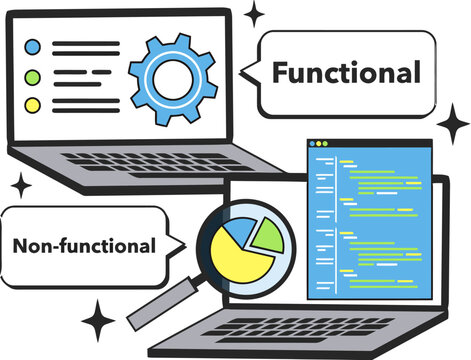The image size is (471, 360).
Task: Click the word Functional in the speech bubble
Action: [x=346, y=73]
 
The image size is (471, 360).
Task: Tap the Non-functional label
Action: [x=84, y=245]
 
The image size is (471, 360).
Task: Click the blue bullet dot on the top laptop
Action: [x=33, y=46]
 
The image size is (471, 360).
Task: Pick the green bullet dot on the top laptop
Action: [x=33, y=76]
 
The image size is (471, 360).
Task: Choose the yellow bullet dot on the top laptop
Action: [x=33, y=104]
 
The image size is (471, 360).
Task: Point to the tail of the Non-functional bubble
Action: [x=181, y=244]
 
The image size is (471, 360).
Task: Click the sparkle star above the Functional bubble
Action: [x=255, y=14]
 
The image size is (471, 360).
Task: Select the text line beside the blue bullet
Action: [x=84, y=46]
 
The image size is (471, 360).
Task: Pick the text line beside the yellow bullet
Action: [x=74, y=104]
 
